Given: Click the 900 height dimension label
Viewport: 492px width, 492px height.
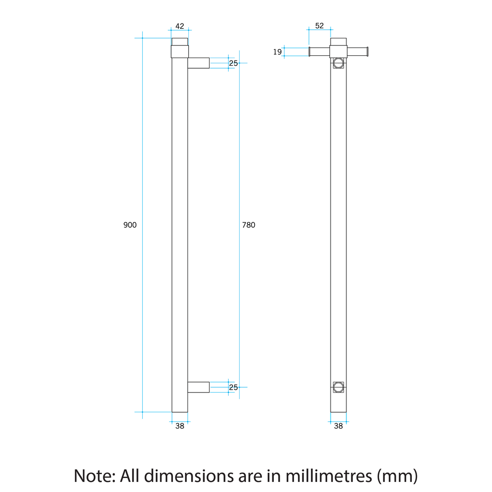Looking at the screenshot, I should tap(130, 225).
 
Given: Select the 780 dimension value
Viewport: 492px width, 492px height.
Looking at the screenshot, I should tap(248, 225).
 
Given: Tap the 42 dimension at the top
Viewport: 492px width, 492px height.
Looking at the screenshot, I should tap(180, 26).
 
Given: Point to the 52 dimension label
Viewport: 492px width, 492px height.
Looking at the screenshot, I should tap(320, 26).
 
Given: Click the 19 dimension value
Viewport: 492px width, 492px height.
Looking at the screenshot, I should tap(277, 52).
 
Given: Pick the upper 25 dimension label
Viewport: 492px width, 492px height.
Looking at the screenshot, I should tap(233, 63).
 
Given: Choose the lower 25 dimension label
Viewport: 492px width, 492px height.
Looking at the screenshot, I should tap(233, 387).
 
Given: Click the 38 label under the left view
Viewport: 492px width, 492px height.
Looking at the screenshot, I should tap(180, 426).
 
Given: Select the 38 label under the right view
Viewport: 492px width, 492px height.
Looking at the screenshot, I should tap(338, 426).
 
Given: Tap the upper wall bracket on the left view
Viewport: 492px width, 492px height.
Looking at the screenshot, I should tap(198, 63).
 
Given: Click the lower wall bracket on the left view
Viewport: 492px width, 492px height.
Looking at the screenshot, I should tap(198, 387).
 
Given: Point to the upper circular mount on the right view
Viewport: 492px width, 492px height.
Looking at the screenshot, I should tap(338, 63).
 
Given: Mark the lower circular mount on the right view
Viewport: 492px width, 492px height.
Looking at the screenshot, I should tap(338, 386).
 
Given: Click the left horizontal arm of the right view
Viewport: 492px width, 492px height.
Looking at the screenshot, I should tap(320, 52).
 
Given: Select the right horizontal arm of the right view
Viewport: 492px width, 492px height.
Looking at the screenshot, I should tap(357, 52).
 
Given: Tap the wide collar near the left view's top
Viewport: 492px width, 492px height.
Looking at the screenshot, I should tap(180, 51).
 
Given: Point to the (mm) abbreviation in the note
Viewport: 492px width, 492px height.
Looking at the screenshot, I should tap(397, 476).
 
